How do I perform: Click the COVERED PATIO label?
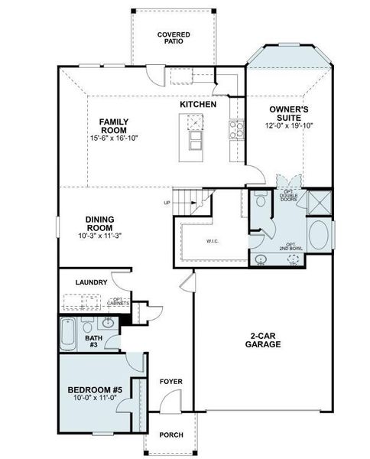pyautogui.click(x=174, y=39)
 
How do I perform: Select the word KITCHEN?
pyautogui.click(x=198, y=104)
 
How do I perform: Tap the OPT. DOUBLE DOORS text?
pyautogui.click(x=289, y=196)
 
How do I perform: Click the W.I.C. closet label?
pyautogui.click(x=213, y=242)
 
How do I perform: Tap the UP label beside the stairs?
pyautogui.click(x=167, y=203)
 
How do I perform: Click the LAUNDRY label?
pyautogui.click(x=91, y=282)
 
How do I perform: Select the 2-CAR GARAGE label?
pyautogui.click(x=264, y=340)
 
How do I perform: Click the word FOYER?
pyautogui.click(x=170, y=381)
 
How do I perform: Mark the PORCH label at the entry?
pyautogui.click(x=170, y=435)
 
